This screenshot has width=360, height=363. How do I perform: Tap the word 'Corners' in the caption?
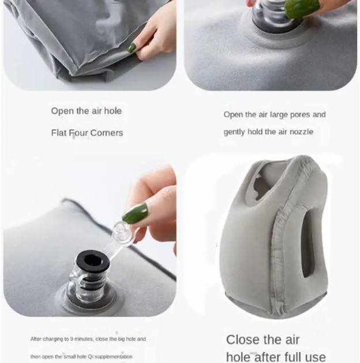[107, 133]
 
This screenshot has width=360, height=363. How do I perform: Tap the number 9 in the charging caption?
[72, 339]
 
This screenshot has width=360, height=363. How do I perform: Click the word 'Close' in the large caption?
[243, 340]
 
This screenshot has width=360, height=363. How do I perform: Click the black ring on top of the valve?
[93, 260]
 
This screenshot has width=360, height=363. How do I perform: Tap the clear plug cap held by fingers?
[121, 232]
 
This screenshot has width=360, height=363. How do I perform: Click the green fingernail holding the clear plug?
[134, 213]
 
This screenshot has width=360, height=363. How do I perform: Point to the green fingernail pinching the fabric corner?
[132, 47]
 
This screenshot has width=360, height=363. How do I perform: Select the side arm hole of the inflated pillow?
[309, 244]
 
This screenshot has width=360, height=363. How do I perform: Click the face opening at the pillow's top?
[264, 183]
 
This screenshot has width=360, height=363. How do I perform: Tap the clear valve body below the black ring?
[86, 285]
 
